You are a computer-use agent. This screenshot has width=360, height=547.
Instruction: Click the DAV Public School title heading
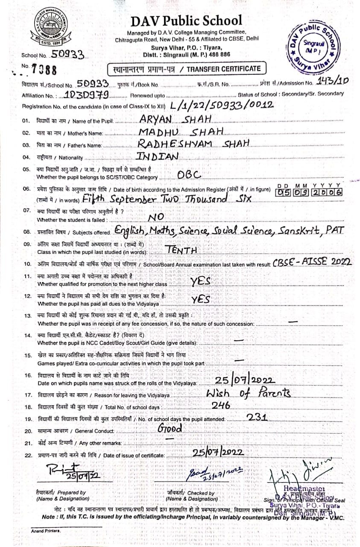186,21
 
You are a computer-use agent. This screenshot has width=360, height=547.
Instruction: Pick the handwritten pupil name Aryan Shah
176,120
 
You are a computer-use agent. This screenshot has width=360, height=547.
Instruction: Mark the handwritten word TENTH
181,250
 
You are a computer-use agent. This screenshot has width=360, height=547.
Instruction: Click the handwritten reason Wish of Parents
248,394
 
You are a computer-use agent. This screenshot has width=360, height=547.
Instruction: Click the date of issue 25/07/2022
218,452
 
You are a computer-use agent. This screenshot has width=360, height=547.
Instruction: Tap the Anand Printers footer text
46,531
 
